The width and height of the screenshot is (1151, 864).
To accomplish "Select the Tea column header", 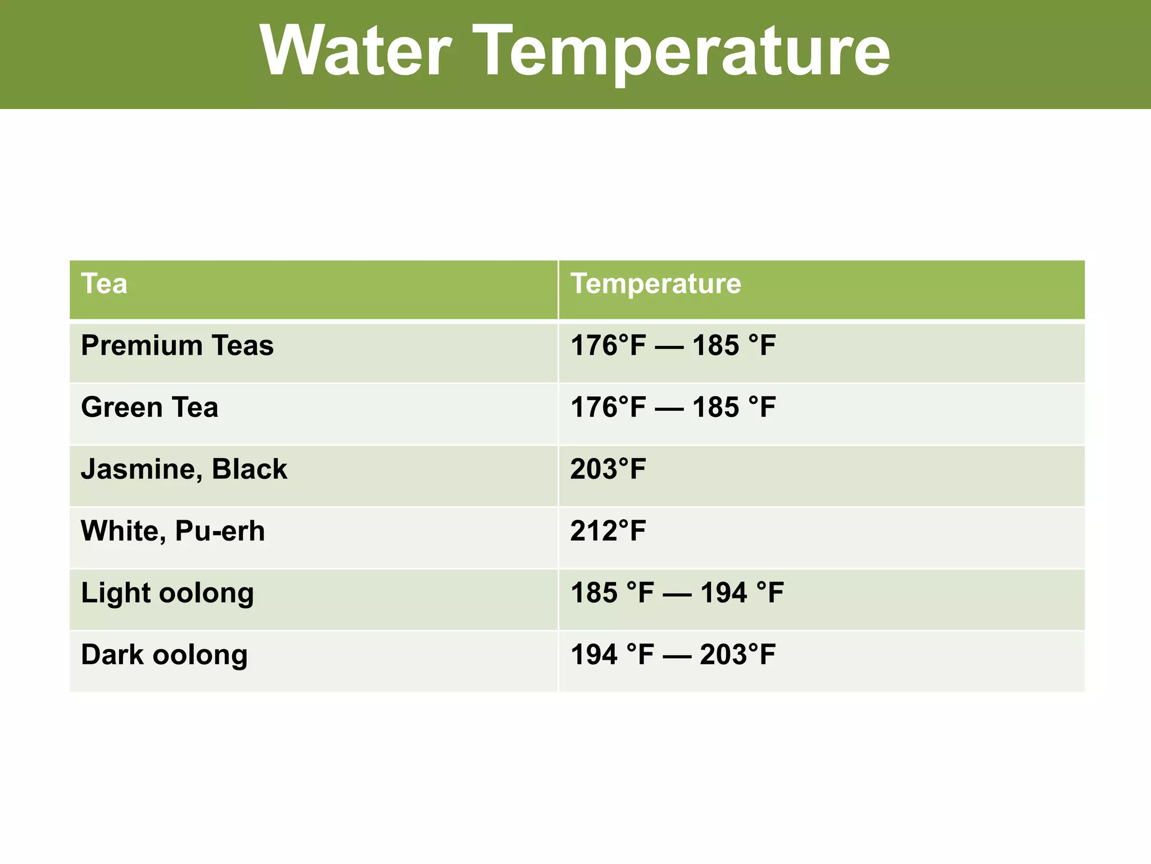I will (104, 283).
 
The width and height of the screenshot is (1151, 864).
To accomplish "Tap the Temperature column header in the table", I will (655, 283).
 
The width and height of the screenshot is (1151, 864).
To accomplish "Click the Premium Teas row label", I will (177, 345).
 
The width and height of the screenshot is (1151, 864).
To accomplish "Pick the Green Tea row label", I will (149, 407).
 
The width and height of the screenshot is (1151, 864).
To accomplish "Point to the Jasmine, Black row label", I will (184, 469).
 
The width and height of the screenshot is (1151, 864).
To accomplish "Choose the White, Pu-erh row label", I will (173, 531).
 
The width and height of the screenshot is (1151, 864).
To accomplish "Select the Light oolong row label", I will (167, 593).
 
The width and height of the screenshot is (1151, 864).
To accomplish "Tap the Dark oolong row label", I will (164, 655).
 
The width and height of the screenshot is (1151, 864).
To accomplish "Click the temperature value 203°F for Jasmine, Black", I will (608, 469).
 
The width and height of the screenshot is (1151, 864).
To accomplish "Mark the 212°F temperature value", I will (608, 531).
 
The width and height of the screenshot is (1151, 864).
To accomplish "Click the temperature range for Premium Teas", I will (673, 345).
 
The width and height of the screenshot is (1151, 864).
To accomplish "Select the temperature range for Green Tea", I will (673, 407).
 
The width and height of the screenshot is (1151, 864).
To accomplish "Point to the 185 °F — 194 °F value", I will (677, 593).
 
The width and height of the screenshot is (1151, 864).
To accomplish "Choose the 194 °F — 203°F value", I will (673, 655).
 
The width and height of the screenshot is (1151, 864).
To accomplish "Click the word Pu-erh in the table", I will (220, 531).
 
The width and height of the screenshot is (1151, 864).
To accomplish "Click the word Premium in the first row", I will (142, 345).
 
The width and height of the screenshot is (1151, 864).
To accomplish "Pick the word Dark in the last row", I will (112, 655).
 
